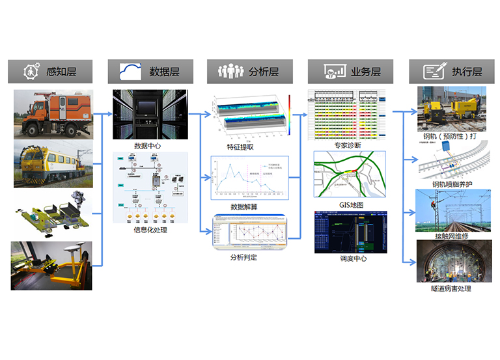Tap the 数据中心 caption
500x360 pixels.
click(147, 146)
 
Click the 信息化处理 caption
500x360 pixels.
click(150, 229)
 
